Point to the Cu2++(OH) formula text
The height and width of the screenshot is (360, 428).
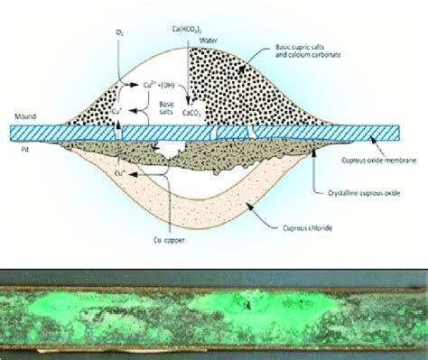coord(154,86)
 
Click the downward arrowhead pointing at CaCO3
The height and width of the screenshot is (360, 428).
coord(189,101)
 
